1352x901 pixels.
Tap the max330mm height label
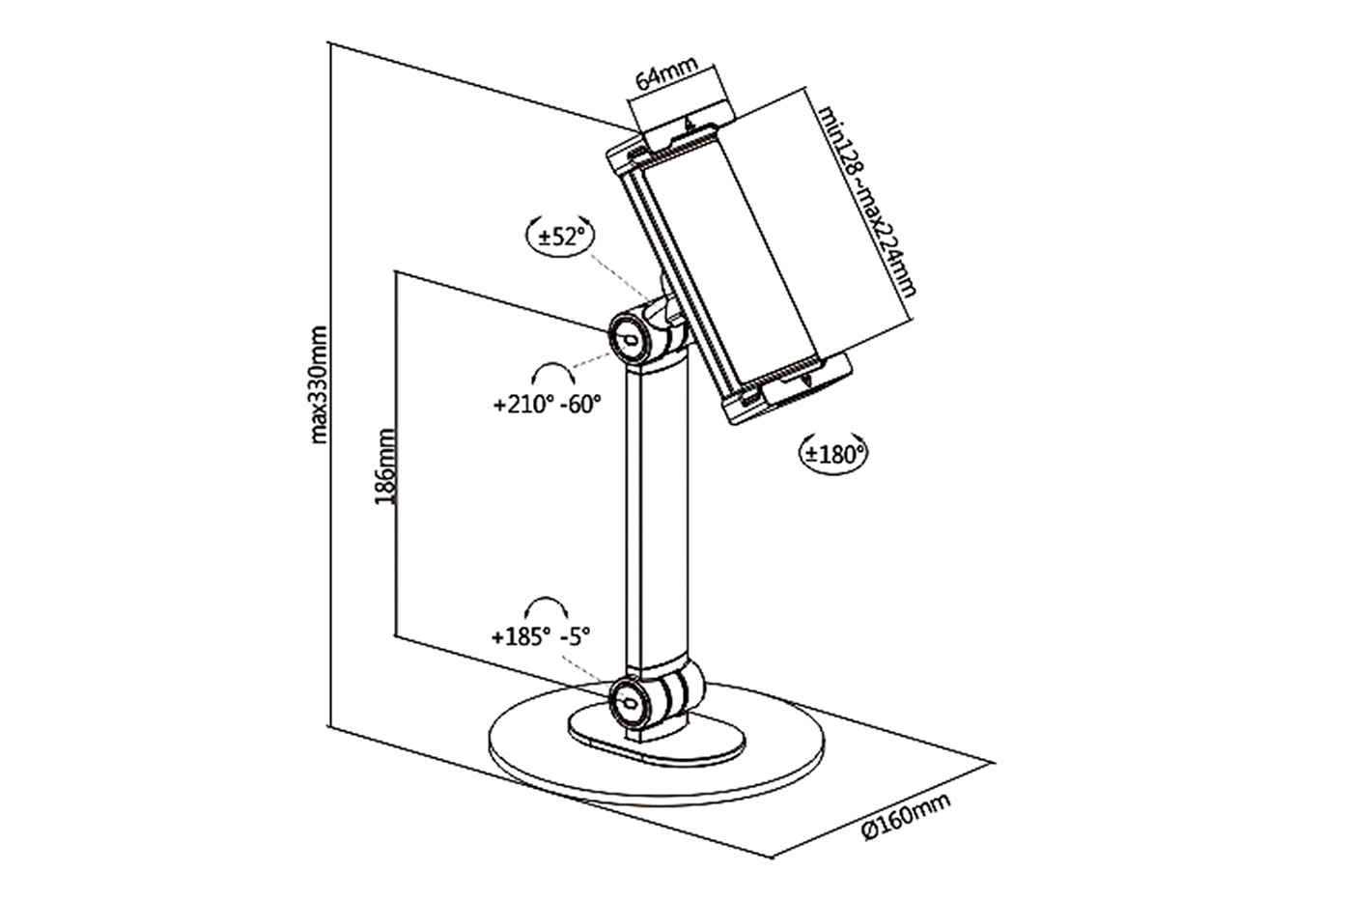319,384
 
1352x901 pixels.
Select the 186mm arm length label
384,467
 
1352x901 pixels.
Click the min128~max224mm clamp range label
867,200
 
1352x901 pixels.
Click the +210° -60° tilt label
546,404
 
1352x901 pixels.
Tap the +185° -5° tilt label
540,637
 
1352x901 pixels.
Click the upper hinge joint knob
627,335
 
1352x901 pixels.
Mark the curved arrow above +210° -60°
552,375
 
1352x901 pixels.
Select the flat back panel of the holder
734,261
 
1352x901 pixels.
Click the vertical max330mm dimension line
331,386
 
